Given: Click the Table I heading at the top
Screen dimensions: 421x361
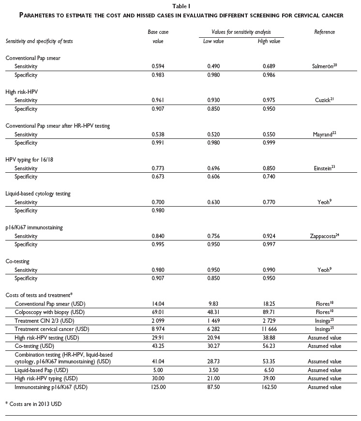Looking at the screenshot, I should [180, 6].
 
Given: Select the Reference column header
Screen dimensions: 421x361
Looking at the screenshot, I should [324, 32].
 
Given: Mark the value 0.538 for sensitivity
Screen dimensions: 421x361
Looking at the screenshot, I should [158, 134].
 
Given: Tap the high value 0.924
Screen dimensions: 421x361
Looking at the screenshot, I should [270, 236].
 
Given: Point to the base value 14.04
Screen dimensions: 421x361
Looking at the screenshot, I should [158, 303].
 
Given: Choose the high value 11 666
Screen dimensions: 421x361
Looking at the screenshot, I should [270, 329].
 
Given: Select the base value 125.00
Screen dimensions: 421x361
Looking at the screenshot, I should [158, 387].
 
